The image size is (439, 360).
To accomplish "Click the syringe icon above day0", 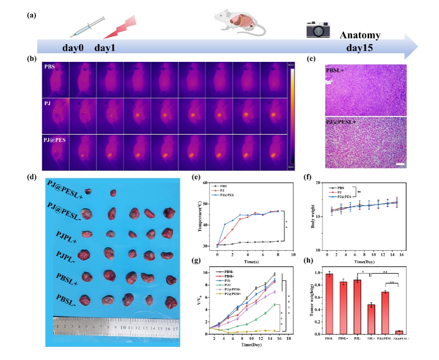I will point(88,27).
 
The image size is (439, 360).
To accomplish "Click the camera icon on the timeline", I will point(317,30).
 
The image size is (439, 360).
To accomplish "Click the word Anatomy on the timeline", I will point(360,35).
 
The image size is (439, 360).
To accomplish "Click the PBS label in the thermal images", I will point(50,67).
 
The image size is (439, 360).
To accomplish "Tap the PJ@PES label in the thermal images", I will point(55,140).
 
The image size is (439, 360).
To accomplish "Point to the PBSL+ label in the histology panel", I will point(337,70).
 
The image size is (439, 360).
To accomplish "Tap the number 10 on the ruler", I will point(123,327).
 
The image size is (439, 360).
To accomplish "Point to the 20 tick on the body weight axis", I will point(318,183).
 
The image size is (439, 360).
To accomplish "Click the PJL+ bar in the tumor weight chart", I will point(372,319).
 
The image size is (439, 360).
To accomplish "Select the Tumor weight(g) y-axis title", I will point(313,303).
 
